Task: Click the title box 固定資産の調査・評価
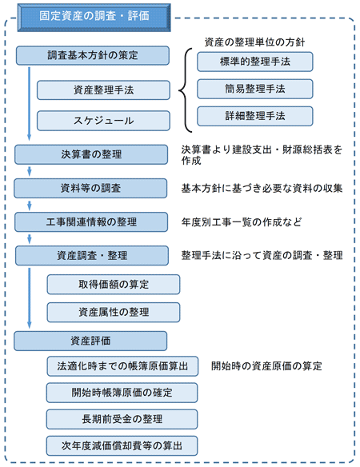coord(94,18)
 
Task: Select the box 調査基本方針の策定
coord(93,55)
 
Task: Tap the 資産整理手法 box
coord(103,90)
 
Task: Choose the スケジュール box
coord(103,121)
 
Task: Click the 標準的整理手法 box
coord(255,62)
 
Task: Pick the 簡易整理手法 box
coord(255,89)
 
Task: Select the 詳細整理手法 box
coord(255,116)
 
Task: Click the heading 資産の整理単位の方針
coord(255,42)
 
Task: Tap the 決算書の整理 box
coord(91,154)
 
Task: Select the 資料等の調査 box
coord(90,188)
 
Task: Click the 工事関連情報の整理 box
coord(91,222)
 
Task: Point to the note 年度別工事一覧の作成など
coord(242,222)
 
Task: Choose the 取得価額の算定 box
coord(114,285)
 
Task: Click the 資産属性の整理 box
coord(114,312)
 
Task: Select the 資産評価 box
coord(90,341)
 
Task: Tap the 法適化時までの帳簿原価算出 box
coord(122,366)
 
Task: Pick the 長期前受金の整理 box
coord(122,419)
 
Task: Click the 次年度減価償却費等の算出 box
coord(122,446)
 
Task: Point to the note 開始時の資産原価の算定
coord(266,366)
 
